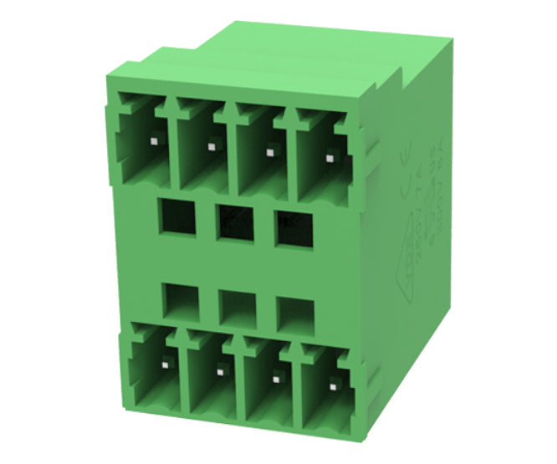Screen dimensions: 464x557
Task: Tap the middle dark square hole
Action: tap(235, 222)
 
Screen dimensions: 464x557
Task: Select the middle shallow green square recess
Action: tap(237, 307)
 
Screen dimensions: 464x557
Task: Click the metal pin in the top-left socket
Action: tap(154, 142)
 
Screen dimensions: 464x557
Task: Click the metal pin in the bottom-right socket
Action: tap(335, 385)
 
